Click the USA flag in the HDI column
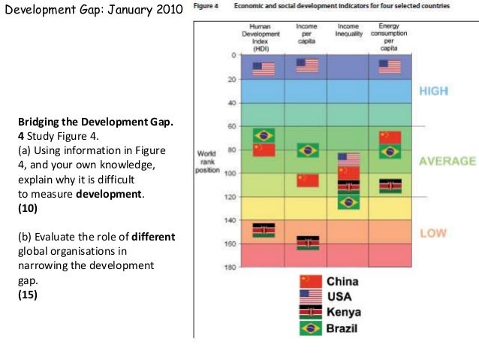(x=264, y=69)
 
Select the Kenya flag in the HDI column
(x=264, y=230)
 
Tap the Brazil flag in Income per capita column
(x=308, y=150)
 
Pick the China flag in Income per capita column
(x=308, y=180)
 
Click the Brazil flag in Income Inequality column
(x=348, y=201)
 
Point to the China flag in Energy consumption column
(x=390, y=137)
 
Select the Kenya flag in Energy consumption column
(x=390, y=186)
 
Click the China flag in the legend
(x=310, y=282)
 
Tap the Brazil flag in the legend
(x=310, y=328)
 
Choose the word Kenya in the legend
(x=344, y=313)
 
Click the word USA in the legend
(x=339, y=297)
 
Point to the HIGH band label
(x=434, y=91)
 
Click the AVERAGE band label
(x=447, y=161)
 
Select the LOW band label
(x=433, y=233)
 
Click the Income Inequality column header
(x=348, y=30)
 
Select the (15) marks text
(x=26, y=295)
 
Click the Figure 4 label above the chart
(x=206, y=6)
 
